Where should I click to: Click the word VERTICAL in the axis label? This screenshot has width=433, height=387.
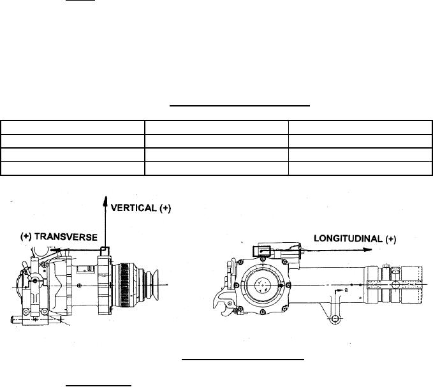click(x=133, y=208)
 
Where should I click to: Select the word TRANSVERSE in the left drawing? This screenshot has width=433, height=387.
click(x=66, y=237)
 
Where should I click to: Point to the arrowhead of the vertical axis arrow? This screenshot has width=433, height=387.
click(x=105, y=201)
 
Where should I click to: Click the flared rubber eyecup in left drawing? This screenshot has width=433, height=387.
click(x=154, y=285)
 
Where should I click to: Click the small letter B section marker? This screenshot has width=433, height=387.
click(x=346, y=290)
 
